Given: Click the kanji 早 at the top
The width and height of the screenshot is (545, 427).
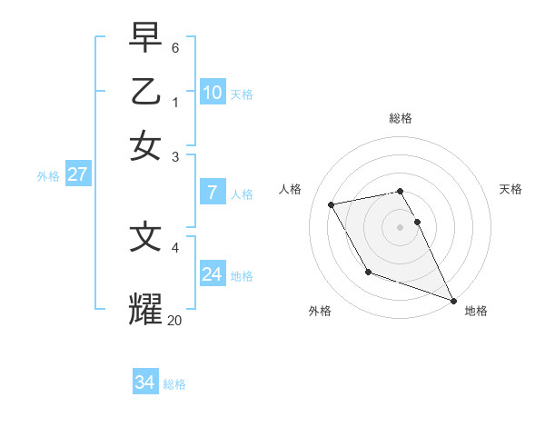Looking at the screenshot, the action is (x=145, y=37).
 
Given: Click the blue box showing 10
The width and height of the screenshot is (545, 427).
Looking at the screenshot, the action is (x=212, y=93).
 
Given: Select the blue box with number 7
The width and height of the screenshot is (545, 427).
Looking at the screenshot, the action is (x=212, y=193).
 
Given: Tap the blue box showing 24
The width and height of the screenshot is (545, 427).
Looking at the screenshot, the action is (x=212, y=274).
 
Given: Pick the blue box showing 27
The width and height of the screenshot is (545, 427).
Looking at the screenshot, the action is (x=78, y=174).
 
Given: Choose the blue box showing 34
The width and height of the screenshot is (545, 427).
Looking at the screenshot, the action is (x=144, y=382).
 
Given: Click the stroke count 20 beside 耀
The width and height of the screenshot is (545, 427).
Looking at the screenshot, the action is (x=175, y=319).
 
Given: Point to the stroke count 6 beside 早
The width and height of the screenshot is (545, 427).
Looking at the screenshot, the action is (x=175, y=46).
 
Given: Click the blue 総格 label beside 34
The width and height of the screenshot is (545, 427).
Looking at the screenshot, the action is (x=174, y=384).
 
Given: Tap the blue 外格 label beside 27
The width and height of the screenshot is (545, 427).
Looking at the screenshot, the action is (x=48, y=176).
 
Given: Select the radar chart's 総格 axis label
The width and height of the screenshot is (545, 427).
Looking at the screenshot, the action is (x=400, y=118).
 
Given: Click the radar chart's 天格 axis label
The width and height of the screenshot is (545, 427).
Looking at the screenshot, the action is (x=510, y=189).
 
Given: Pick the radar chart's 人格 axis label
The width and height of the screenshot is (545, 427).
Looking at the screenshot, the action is (x=290, y=189).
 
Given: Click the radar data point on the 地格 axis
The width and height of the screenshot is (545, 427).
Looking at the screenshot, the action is (x=453, y=300).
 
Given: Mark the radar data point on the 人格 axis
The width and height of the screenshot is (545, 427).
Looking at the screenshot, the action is (x=332, y=204).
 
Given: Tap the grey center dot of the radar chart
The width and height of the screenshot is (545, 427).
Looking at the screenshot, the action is (x=400, y=226).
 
